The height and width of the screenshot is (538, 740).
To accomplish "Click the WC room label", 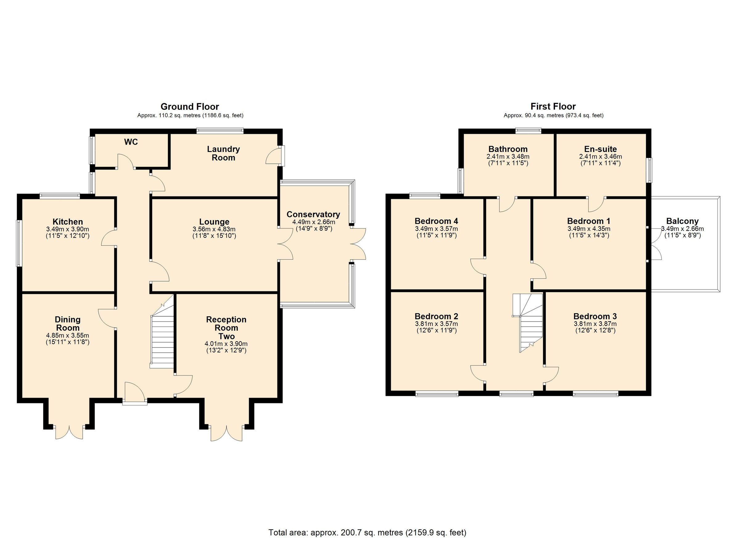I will pos(131,142).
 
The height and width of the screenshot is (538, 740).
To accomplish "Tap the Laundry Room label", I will pos(224,153).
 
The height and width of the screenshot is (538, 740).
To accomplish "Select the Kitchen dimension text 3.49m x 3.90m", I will pos(68,229).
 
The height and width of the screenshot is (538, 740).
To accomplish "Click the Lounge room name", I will pos(214,222).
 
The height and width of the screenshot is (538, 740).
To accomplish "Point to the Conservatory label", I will pos(313,214).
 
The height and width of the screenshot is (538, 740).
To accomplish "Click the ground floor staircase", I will pos(162,339).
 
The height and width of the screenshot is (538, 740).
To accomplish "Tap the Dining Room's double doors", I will pos(69,432).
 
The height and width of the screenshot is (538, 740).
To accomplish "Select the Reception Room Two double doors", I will pos(226,433).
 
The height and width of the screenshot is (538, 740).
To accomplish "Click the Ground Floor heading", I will pos(190,106).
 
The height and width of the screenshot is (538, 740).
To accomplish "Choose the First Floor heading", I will pos(553,106).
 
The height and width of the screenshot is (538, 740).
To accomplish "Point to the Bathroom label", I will pos(508,149).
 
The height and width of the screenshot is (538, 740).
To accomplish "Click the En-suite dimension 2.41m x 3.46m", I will pos(600,157).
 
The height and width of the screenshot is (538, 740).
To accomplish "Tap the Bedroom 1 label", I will pos(589,221).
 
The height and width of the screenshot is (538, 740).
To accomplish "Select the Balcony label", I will pos(682,221).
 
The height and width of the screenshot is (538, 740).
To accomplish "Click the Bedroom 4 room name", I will pos(436,221).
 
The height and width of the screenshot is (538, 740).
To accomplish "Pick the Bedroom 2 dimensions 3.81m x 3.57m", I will pos(436,324).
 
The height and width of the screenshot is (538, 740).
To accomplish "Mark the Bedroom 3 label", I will pos(595,316).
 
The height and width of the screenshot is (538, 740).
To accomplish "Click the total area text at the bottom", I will pos(367,532).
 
